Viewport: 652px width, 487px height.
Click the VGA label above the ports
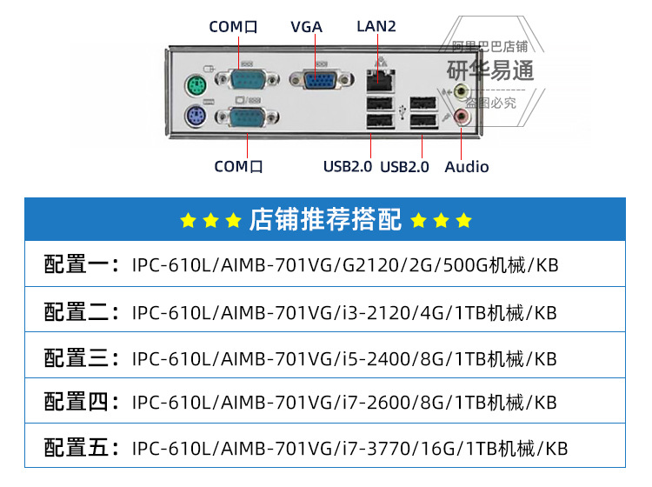point(306,27)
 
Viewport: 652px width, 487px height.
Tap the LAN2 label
point(376,26)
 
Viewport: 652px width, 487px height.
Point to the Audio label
point(467,167)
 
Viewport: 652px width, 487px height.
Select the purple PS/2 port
point(196,118)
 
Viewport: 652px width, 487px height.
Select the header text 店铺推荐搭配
point(325,220)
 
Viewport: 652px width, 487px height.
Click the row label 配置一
point(81,264)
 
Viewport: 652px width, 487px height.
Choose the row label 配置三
point(81,357)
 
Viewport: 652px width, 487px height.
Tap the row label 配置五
point(81,449)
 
